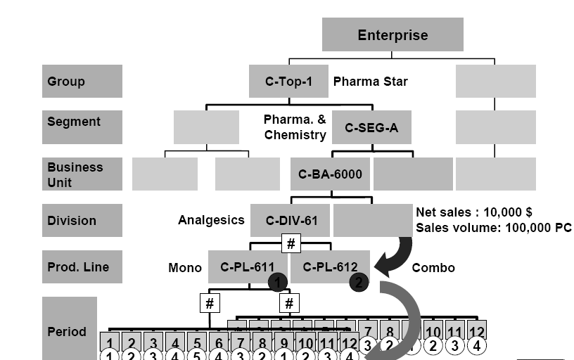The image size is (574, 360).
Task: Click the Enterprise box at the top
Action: (393, 34)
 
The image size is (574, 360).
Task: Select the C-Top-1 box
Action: (288, 81)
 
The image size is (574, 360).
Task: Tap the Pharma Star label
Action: (370, 81)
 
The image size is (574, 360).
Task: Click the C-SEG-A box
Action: (371, 127)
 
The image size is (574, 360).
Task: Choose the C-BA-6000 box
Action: (330, 174)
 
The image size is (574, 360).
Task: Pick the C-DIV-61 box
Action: (291, 220)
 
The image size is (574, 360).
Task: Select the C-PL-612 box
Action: (329, 267)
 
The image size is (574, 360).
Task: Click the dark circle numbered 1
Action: (278, 283)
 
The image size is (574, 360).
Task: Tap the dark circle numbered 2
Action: (359, 283)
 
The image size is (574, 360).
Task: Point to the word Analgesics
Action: (210, 220)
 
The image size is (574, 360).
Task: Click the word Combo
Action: (433, 267)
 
